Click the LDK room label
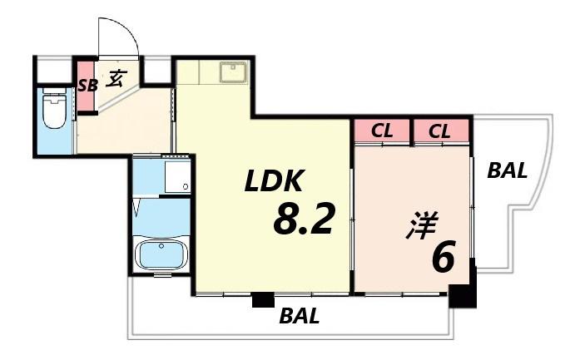pyautogui.click(x=275, y=181)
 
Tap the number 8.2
pyautogui.click(x=304, y=219)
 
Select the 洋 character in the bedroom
pyautogui.click(x=422, y=224)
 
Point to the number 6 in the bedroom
pyautogui.click(x=444, y=256)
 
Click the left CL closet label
pyautogui.click(x=382, y=131)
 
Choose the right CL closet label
pyautogui.click(x=439, y=131)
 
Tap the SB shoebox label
pyautogui.click(x=88, y=86)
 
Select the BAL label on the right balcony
pyautogui.click(x=507, y=170)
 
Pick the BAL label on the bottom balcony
pyautogui.click(x=300, y=316)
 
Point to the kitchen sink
pyautogui.click(x=233, y=72)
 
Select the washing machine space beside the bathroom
pyautogui.click(x=177, y=176)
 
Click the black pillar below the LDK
pyautogui.click(x=263, y=299)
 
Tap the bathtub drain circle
pyautogui.click(x=161, y=246)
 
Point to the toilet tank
pyautogui.click(x=54, y=91)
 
